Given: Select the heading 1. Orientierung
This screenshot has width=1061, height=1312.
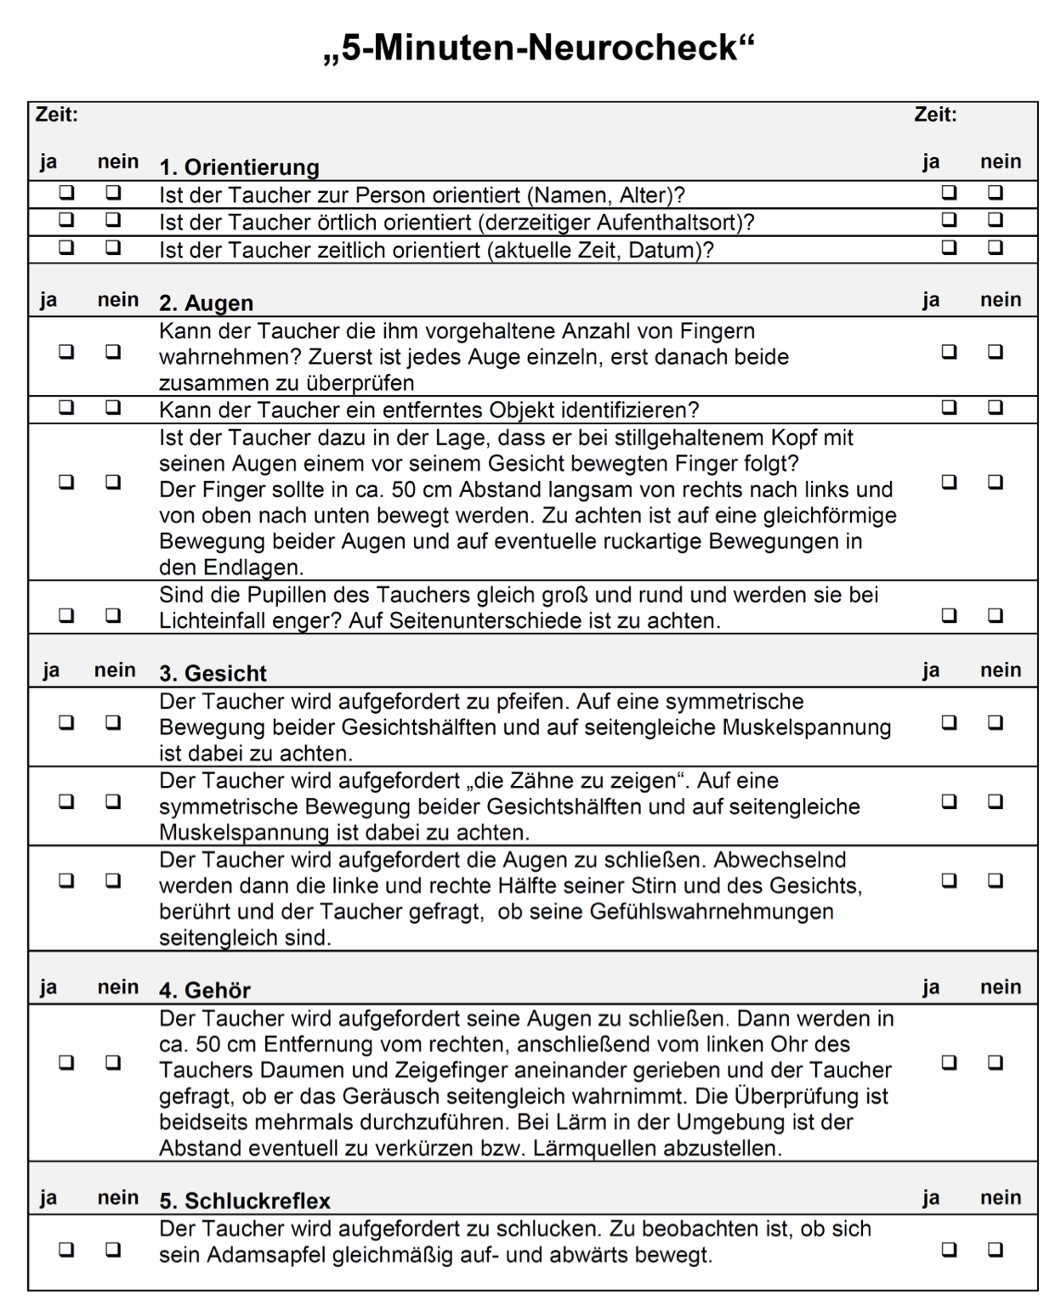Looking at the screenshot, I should [239, 167].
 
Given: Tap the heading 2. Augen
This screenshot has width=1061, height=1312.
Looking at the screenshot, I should [206, 303].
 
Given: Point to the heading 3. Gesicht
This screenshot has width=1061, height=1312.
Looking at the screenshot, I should [213, 674].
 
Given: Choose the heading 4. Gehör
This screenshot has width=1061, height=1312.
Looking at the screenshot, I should [205, 991].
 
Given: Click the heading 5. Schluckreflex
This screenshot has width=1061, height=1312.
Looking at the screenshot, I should [245, 1201].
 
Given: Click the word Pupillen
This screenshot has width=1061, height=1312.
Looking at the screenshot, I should [326, 595].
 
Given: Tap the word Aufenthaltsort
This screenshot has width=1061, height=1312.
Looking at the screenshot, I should [663, 223].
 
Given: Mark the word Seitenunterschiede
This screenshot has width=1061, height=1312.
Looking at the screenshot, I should [485, 621].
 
